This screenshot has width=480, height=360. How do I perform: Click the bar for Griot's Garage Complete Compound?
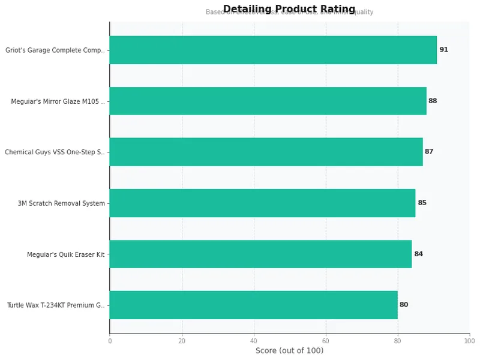pos(273,50)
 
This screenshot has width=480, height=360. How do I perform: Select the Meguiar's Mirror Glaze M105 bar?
pos(268,101)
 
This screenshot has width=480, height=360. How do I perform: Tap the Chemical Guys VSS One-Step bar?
pos(266,152)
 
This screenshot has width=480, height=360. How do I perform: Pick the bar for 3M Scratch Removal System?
pos(262,203)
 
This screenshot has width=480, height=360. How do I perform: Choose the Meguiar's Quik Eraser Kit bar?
pos(260,254)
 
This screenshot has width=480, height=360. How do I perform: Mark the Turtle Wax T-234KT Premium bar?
pos(253,305)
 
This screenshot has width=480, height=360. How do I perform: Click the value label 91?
pos(443,50)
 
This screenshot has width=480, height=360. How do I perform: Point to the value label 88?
pos(433,101)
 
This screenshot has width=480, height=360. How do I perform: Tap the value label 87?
pos(429,152)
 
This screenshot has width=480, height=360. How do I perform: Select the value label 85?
pos(422,203)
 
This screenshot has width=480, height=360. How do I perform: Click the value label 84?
pos(418,254)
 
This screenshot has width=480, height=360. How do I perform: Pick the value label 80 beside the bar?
pos(404,305)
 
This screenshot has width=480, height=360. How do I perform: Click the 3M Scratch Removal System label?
pos(61,203)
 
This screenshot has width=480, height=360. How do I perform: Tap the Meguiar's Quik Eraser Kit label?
pos(65,254)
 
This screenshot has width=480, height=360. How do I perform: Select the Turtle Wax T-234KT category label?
pos(56,305)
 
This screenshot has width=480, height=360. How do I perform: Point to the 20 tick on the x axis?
pos(182,341)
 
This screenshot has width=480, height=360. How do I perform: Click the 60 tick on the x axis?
pos(326,341)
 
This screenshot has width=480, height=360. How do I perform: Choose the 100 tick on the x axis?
pos(469,341)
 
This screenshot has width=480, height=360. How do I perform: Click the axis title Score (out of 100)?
pos(289,350)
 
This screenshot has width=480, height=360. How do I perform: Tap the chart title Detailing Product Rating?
pos(289,9)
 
